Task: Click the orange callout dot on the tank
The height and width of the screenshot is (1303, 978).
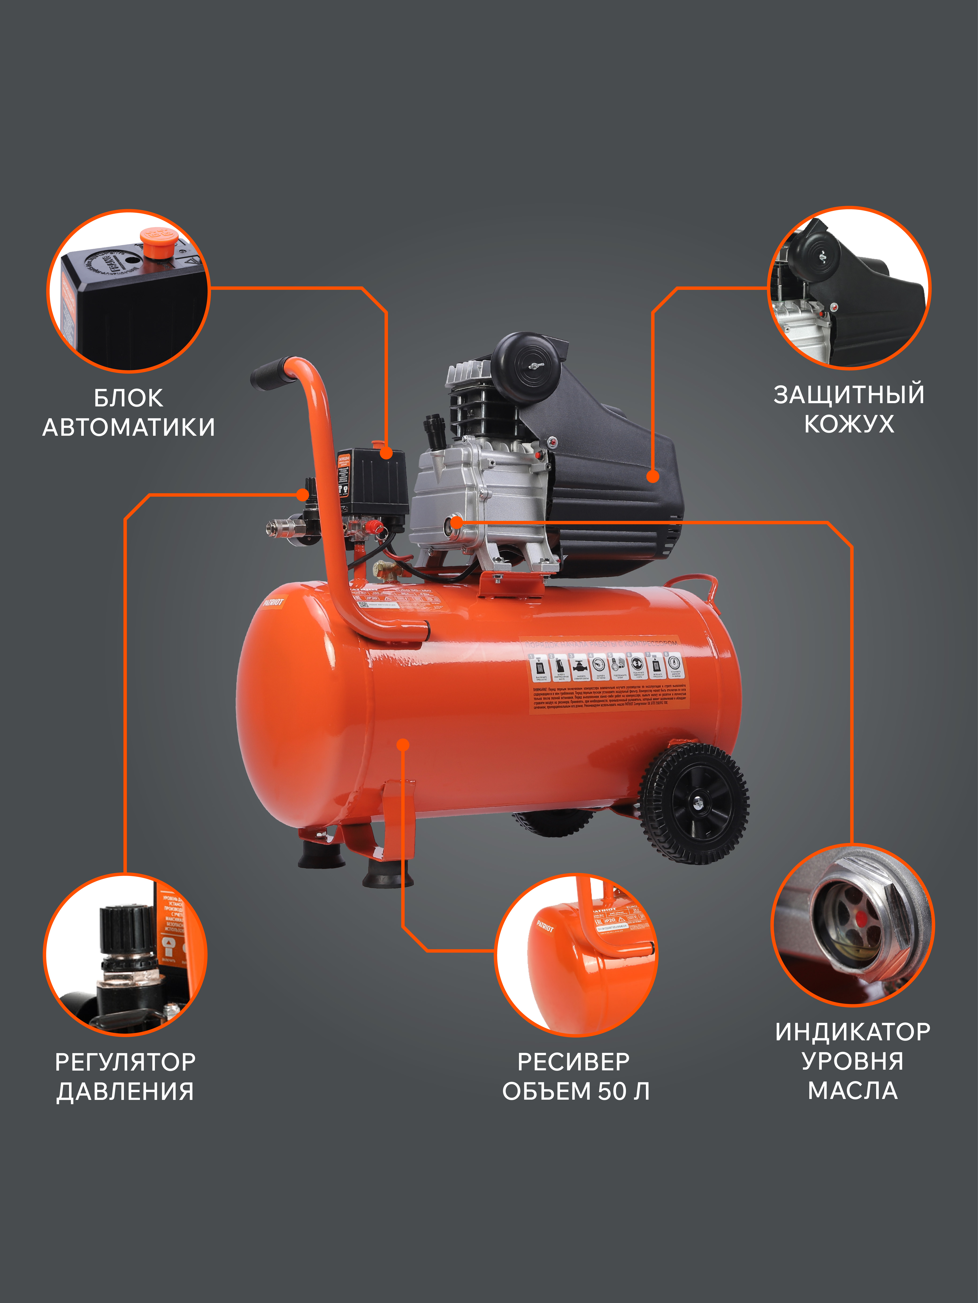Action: (403, 745)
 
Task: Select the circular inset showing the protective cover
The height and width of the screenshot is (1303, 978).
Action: (849, 289)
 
